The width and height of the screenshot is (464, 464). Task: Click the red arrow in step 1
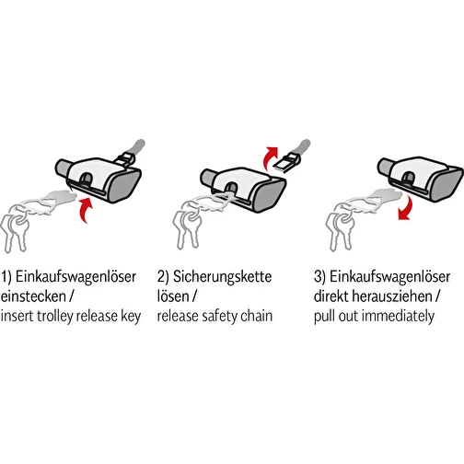pyautogui.click(x=87, y=210)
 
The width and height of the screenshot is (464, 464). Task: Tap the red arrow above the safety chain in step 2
pyautogui.click(x=269, y=157)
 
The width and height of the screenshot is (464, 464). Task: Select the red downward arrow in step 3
pyautogui.click(x=407, y=208)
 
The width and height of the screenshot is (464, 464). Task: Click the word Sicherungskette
pyautogui.click(x=222, y=277)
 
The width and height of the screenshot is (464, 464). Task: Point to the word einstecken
pyautogui.click(x=33, y=296)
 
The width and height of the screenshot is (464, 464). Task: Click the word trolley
pyautogui.click(x=55, y=317)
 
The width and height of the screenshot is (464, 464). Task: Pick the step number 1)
pyautogui.click(x=6, y=277)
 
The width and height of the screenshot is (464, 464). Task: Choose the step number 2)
pyautogui.click(x=163, y=277)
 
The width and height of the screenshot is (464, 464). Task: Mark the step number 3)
pyautogui.click(x=319, y=277)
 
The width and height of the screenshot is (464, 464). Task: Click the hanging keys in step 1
pyautogui.click(x=14, y=232)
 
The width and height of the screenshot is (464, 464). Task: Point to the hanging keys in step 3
pyautogui.click(x=340, y=231)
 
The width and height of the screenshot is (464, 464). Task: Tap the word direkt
pyautogui.click(x=331, y=296)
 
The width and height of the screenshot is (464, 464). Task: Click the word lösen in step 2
pyautogui.click(x=173, y=296)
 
